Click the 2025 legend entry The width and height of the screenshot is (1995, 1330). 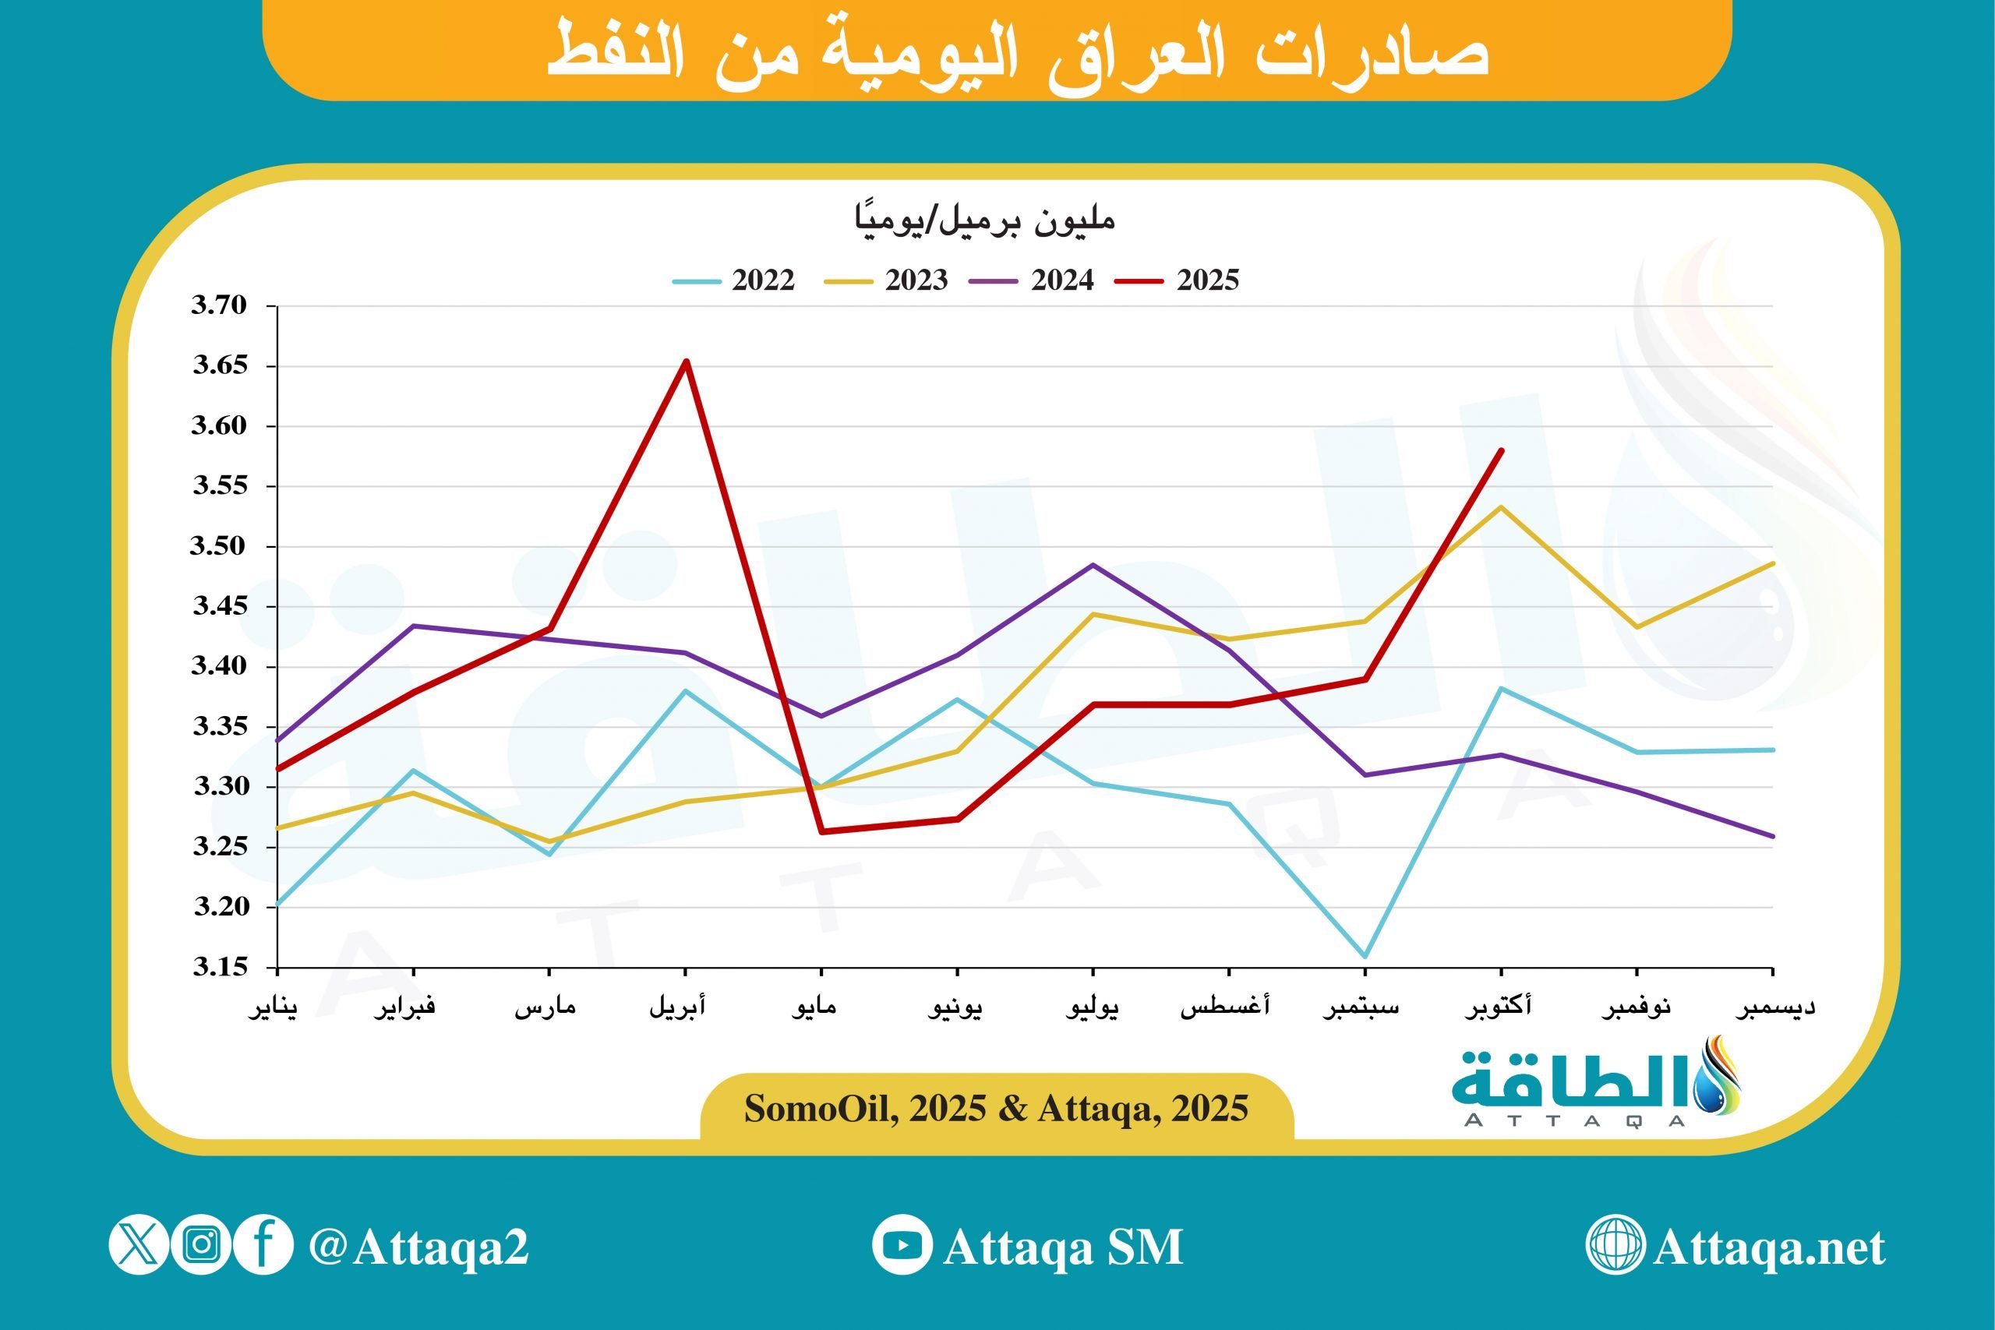tap(1178, 280)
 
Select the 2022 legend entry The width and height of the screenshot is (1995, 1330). tap(735, 280)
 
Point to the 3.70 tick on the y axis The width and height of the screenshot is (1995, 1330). tap(219, 305)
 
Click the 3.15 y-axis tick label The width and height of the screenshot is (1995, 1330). tap(219, 967)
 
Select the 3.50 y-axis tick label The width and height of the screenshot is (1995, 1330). tap(219, 546)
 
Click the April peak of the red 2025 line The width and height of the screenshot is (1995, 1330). tap(687, 362)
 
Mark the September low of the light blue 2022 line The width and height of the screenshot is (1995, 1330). tap(1365, 957)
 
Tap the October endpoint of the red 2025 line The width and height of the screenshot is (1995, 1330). tap(1502, 450)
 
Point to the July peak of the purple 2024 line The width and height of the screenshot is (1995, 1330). tap(1093, 565)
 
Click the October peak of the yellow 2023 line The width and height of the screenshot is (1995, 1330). tap(1502, 507)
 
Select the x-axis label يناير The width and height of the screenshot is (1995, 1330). tap(273, 1007)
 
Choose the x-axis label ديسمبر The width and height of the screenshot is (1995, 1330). tap(1774, 1007)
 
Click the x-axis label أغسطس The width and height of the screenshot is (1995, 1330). tap(1226, 1007)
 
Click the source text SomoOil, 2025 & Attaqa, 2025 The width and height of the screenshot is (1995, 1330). tap(997, 1109)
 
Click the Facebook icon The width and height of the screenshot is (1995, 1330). tap(263, 1244)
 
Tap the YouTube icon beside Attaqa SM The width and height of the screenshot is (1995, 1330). tap(902, 1245)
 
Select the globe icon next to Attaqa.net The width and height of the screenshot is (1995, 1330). tap(1615, 1244)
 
